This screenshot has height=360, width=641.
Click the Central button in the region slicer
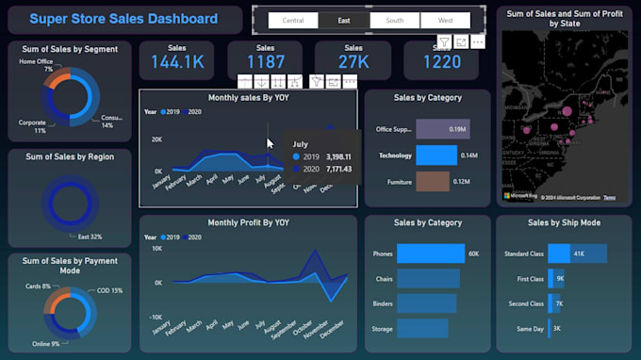[293, 21]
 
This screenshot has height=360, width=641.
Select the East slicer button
[344, 21]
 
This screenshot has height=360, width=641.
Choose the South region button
[394, 21]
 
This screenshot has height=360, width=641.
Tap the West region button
[445, 21]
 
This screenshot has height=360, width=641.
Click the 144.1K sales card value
[177, 62]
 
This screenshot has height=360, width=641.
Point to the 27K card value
[353, 62]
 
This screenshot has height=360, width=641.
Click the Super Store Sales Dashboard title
[123, 19]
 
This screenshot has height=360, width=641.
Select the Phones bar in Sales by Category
[431, 254]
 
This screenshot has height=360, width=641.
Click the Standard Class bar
[577, 254]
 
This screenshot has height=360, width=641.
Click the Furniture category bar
[433, 181]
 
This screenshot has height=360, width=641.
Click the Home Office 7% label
[36, 65]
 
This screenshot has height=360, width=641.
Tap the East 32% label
[89, 237]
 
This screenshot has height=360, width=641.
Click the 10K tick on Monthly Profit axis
[156, 249]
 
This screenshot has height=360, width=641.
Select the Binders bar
[427, 303]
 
